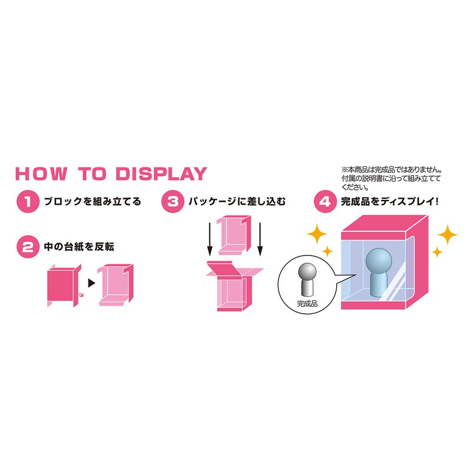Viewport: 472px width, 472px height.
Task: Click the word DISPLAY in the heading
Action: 161,174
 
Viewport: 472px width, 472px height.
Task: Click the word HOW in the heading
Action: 41,174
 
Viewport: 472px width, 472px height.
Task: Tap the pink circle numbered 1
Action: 28,201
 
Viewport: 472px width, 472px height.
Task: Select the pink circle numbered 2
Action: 28,247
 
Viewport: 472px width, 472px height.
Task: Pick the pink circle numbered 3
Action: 173,201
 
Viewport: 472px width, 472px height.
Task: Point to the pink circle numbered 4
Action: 325,201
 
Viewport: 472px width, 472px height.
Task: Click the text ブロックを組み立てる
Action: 93,201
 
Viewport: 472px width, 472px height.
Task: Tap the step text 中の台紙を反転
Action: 79,247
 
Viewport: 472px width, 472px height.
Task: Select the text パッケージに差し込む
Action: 237,201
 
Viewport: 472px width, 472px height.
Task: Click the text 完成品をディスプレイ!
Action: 389,201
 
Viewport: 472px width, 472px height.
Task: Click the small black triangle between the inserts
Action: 91,283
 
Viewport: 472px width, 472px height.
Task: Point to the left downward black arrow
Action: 210,240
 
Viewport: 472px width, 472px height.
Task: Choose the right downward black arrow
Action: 260,240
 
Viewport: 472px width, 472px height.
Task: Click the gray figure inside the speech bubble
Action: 307,279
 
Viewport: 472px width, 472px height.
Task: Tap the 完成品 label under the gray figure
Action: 307,303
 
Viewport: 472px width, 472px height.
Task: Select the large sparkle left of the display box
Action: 317,234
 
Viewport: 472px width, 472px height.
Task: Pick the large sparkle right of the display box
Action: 447,234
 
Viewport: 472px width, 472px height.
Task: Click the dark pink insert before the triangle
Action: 64,286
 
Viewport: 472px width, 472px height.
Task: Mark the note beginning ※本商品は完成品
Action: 391,179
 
